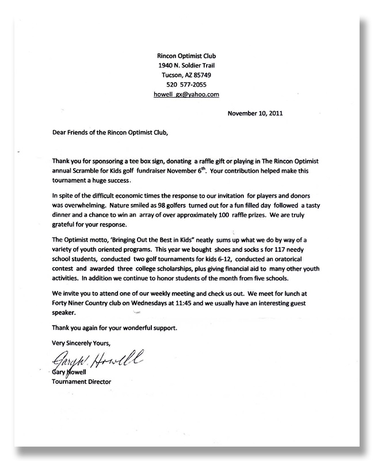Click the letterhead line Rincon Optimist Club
click(186, 56)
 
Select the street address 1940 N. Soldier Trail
click(186, 66)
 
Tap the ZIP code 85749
click(203, 75)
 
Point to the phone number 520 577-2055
click(186, 84)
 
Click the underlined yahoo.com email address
click(186, 94)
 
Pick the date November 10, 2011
click(255, 113)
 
